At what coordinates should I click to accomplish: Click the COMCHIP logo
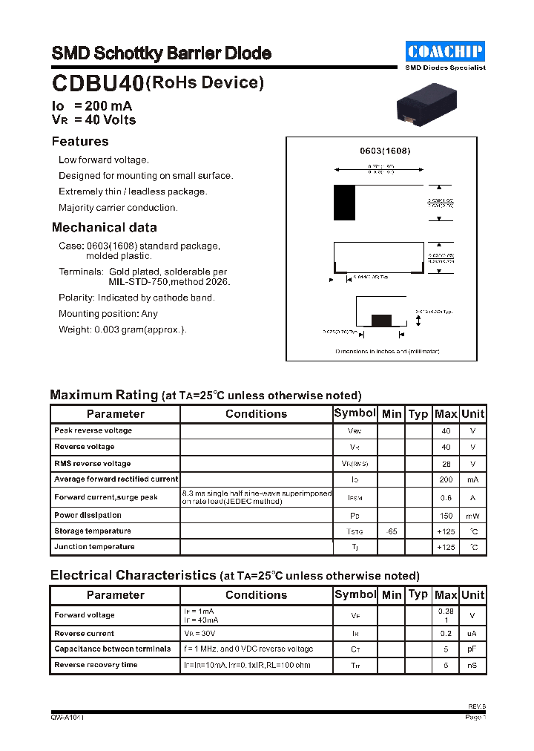[446, 51]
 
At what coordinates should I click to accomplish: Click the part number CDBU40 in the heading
[97, 85]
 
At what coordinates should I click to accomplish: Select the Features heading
[80, 142]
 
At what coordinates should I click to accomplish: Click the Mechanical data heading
[104, 228]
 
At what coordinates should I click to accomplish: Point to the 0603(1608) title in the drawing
[385, 151]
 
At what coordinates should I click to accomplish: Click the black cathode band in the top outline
[344, 203]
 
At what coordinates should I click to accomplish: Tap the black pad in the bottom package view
[381, 320]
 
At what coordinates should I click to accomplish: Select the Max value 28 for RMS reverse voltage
[446, 464]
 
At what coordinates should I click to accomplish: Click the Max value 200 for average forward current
[446, 480]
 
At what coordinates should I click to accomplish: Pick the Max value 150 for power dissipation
[446, 515]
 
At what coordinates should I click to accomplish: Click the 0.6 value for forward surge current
[446, 498]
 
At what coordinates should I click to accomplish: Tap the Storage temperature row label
[93, 531]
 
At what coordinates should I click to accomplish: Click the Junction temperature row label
[94, 547]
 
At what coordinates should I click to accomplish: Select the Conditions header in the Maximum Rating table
[256, 414]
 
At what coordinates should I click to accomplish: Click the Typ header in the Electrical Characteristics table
[418, 594]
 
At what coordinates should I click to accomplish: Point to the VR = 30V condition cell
[200, 634]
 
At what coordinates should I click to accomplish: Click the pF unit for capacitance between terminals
[472, 649]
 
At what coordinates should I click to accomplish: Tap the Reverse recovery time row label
[96, 665]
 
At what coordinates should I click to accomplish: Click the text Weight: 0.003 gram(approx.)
[122, 329]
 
